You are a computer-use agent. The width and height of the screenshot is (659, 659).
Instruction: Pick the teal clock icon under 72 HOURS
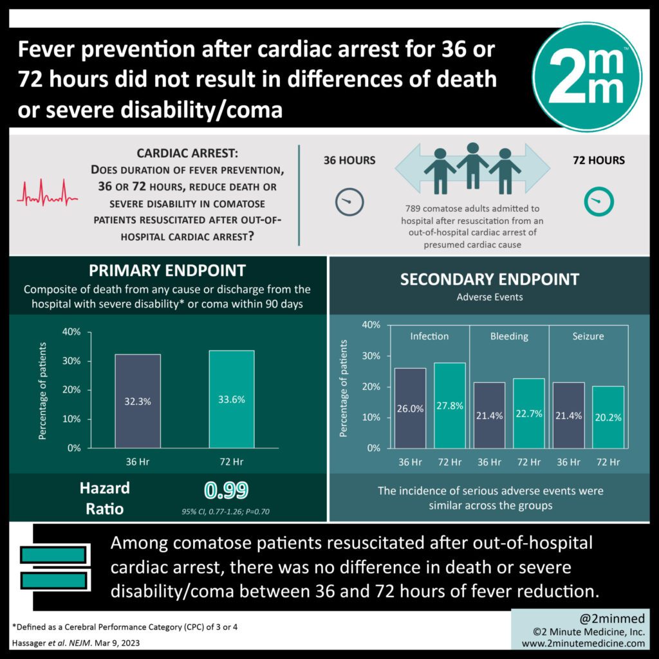598,203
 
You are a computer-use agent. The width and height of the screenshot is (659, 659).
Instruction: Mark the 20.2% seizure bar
608,417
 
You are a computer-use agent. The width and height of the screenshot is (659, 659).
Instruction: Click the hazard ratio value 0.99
227,491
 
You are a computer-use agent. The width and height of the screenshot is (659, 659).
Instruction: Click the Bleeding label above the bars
509,336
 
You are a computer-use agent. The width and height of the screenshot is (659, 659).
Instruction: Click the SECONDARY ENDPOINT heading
490,279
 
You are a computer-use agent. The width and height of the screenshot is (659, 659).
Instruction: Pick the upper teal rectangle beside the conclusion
53,555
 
